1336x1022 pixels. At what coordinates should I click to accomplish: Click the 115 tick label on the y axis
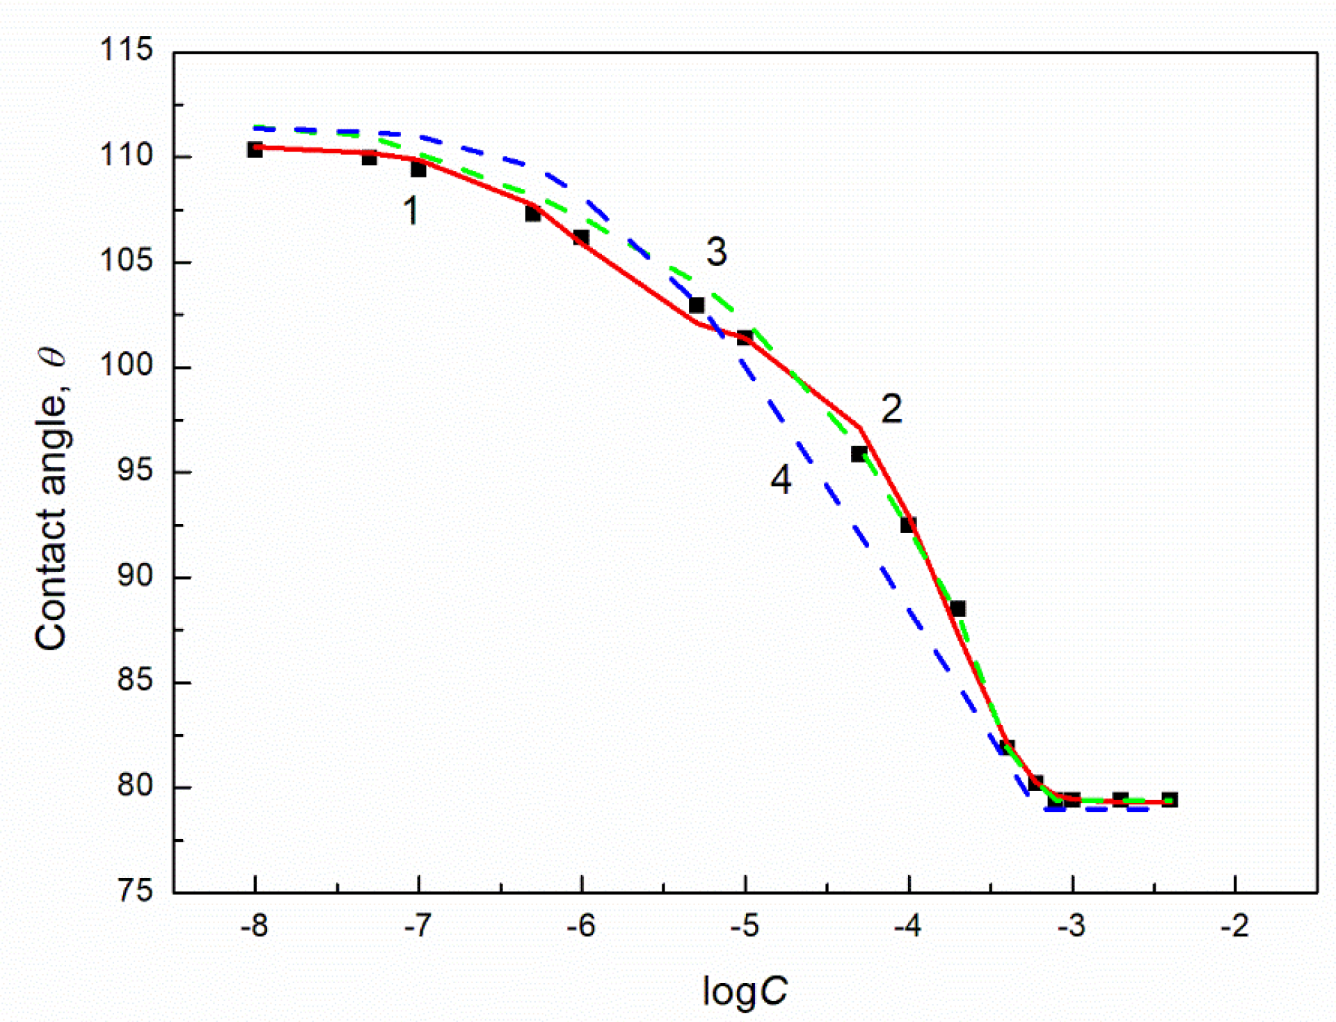tap(126, 50)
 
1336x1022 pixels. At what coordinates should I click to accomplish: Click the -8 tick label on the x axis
tap(254, 926)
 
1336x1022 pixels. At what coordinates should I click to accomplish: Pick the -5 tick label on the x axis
tap(745, 926)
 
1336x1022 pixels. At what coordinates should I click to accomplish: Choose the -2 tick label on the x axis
tap(1234, 926)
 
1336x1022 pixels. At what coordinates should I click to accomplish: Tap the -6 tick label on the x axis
tap(581, 926)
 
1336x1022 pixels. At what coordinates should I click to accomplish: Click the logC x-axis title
tap(745, 991)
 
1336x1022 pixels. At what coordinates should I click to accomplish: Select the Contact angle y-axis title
tap(51, 500)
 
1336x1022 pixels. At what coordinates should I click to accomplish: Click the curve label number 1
tap(411, 210)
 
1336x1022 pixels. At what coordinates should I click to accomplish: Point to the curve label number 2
tap(891, 409)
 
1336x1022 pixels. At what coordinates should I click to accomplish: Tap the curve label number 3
tap(717, 251)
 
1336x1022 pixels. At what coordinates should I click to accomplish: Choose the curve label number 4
tap(781, 479)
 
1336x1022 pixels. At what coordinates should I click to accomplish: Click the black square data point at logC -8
tap(255, 150)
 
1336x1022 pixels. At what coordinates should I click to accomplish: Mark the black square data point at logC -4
tap(908, 525)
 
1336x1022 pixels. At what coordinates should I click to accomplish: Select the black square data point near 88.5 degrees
tap(957, 609)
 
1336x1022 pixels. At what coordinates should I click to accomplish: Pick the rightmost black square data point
tap(1170, 799)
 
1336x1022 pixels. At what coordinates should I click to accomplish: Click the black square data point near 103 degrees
tap(697, 305)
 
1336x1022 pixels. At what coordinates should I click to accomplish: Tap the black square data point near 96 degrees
tap(859, 454)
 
